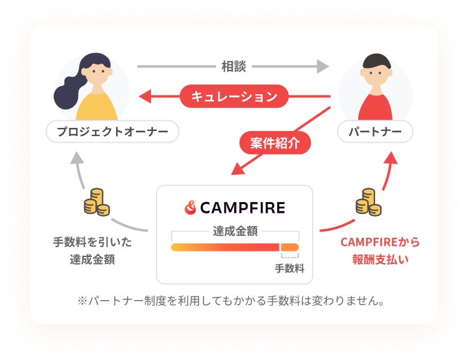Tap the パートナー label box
[x=374, y=132]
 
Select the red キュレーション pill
[x=234, y=97]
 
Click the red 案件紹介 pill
[x=275, y=143]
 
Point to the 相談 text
[x=234, y=66]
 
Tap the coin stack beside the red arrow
[x=369, y=202]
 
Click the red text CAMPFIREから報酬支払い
[x=380, y=250]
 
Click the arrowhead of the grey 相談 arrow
[x=323, y=66]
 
